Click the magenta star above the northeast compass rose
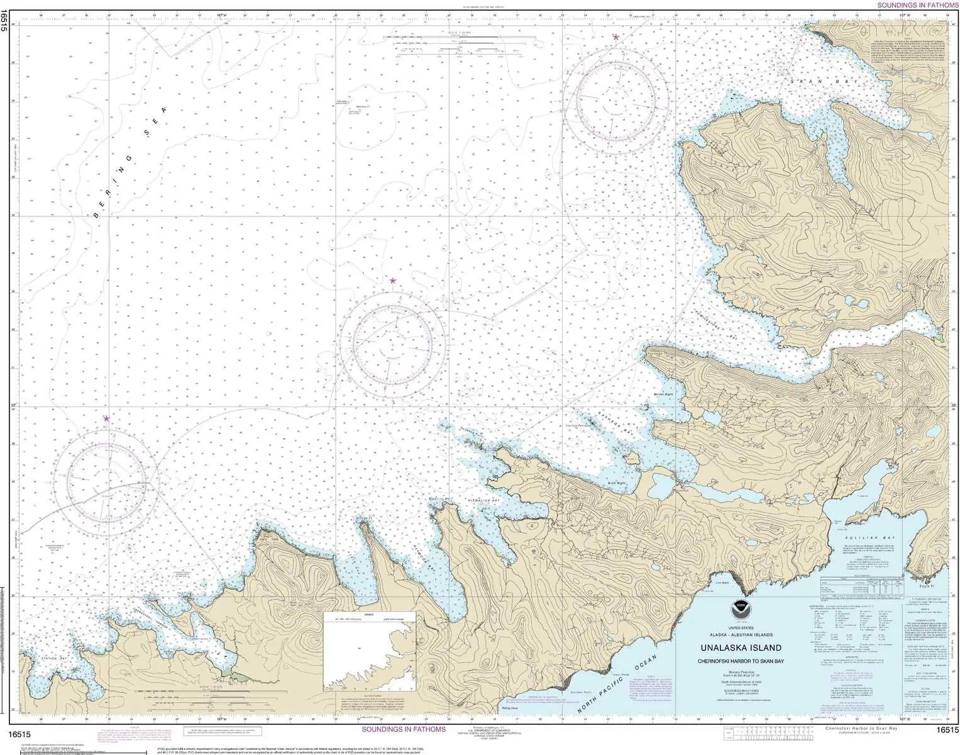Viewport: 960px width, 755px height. point(616,37)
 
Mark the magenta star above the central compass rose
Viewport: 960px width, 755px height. point(393,281)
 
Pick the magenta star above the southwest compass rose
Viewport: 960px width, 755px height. point(106,418)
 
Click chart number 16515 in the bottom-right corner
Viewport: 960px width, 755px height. point(947,730)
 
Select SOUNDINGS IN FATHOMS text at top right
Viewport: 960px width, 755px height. point(917,5)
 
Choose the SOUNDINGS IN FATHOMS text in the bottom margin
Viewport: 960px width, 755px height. point(404,729)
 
